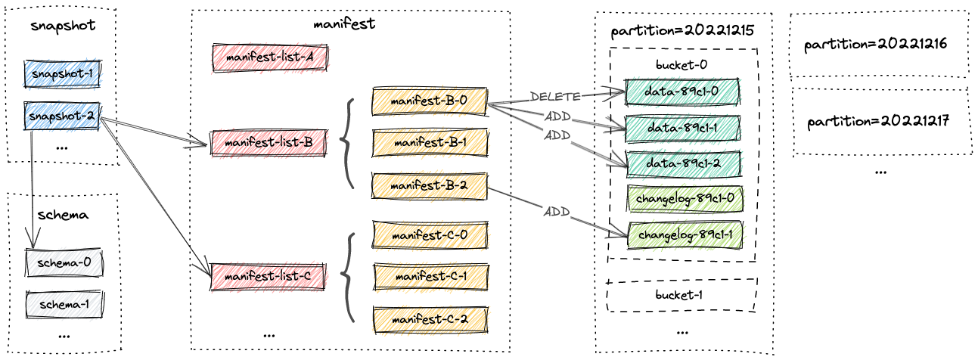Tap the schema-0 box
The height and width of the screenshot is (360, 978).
64,263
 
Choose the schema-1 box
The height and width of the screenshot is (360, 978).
64,304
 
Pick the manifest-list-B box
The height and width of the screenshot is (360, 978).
269,141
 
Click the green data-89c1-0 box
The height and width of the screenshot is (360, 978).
682,92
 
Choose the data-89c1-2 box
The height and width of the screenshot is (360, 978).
682,163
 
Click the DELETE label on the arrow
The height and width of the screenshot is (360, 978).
556,96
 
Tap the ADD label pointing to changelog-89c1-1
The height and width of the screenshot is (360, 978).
556,211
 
